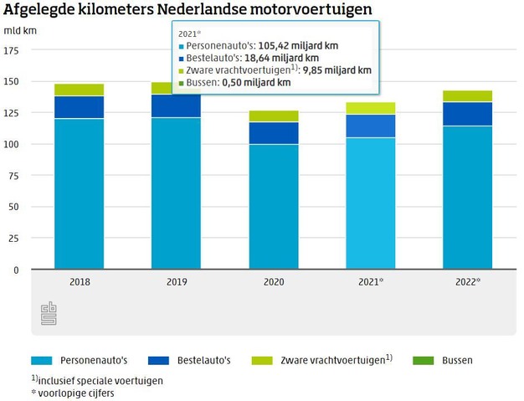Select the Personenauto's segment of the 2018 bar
pos(80,193)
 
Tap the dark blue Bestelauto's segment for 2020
pos(274,133)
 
